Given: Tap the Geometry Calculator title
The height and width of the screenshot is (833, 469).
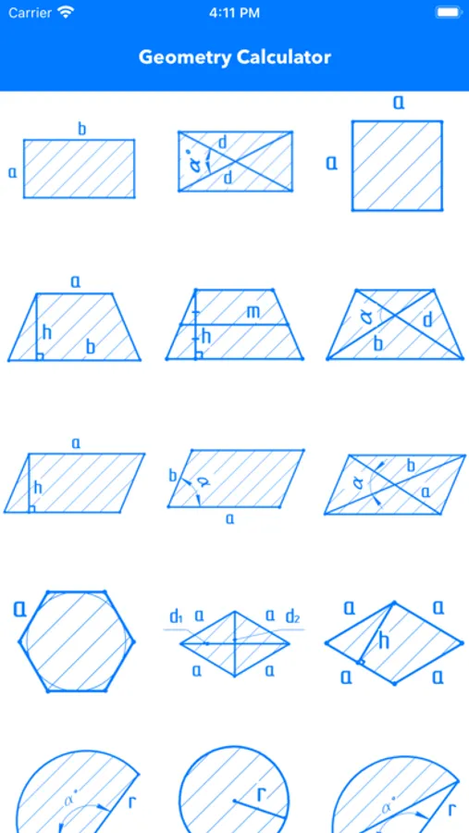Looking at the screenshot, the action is click(x=234, y=56).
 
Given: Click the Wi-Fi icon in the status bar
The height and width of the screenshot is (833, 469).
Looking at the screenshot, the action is click(x=66, y=12).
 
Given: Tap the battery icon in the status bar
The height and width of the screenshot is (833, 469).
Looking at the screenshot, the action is click(x=448, y=12).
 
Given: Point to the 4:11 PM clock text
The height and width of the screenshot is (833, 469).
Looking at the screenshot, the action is click(x=234, y=13).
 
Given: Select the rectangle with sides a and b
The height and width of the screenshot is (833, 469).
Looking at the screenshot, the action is click(x=79, y=169).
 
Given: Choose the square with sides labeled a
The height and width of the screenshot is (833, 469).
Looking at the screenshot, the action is click(x=397, y=166).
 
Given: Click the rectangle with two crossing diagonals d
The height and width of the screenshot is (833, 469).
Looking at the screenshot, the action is click(x=235, y=161).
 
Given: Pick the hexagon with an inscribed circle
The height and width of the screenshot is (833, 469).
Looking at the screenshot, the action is click(x=77, y=641).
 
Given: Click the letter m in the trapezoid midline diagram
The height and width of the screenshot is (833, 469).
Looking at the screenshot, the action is click(x=253, y=312).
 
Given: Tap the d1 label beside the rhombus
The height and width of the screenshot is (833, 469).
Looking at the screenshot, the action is click(x=177, y=616).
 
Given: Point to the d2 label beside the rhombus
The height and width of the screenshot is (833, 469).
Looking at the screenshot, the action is click(x=292, y=616).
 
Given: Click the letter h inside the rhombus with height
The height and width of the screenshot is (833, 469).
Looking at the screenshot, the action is click(x=384, y=640).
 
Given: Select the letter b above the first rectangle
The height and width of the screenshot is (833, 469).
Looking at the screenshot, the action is click(x=81, y=129).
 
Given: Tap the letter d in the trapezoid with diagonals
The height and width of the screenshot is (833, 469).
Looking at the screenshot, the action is click(x=427, y=319).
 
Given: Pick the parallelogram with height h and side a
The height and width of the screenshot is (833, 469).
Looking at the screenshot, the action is click(x=74, y=483).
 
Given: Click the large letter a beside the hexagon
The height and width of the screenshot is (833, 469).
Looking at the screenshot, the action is click(x=19, y=608).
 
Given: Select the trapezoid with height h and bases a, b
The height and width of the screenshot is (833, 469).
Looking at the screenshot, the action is click(x=74, y=327).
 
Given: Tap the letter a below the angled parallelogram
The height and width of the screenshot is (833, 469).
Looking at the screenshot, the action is click(x=229, y=519).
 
